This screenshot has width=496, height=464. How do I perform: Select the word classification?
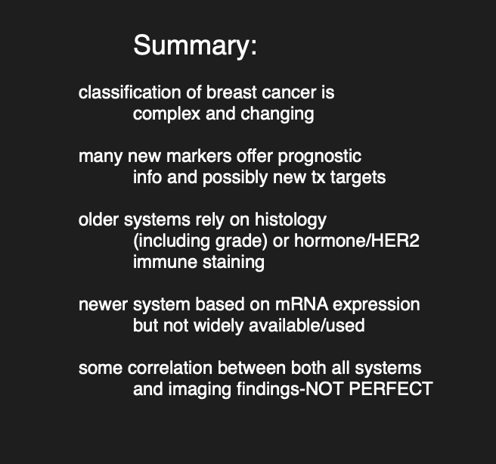pos(129,92)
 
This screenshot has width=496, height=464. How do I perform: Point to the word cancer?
pos(289,93)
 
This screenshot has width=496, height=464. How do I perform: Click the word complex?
pos(166,114)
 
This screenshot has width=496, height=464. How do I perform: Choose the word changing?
pos(277,114)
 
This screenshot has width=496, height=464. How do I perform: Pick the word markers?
pos(199,156)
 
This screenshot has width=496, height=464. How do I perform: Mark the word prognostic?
pos(320,157)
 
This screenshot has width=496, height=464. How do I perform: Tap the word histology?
pos(290,220)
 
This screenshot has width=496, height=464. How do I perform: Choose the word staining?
pos(234,263)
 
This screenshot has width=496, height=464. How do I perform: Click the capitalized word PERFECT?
pos(391,389)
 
